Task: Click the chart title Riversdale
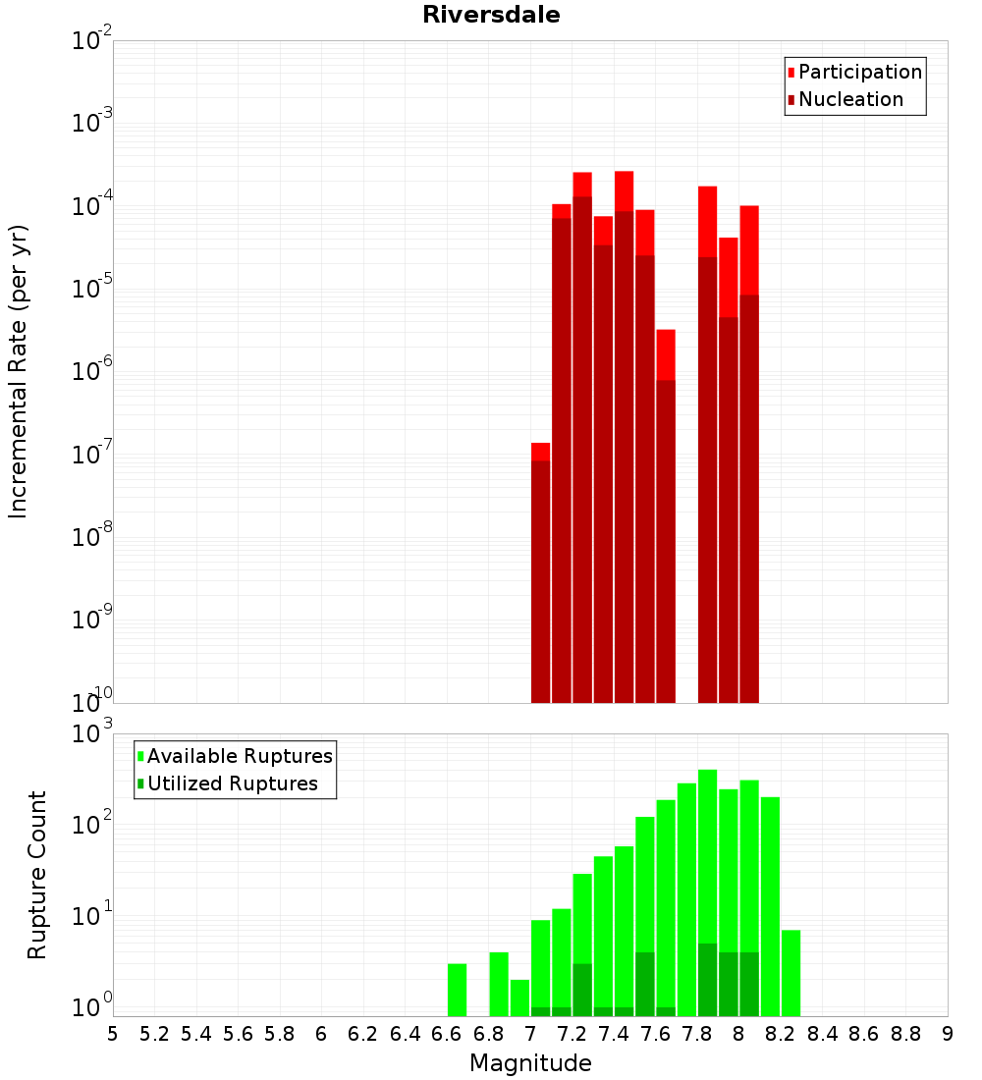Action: (x=491, y=15)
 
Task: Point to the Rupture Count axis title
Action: (x=37, y=874)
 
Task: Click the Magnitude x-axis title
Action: (x=530, y=1063)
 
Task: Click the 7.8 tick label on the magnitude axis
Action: (x=697, y=1034)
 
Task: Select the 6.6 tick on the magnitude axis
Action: (x=447, y=1034)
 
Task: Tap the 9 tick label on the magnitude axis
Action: (x=947, y=1034)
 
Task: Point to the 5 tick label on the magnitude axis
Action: (x=113, y=1034)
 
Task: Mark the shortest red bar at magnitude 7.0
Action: (x=540, y=579)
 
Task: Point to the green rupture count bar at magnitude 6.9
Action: (x=519, y=998)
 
